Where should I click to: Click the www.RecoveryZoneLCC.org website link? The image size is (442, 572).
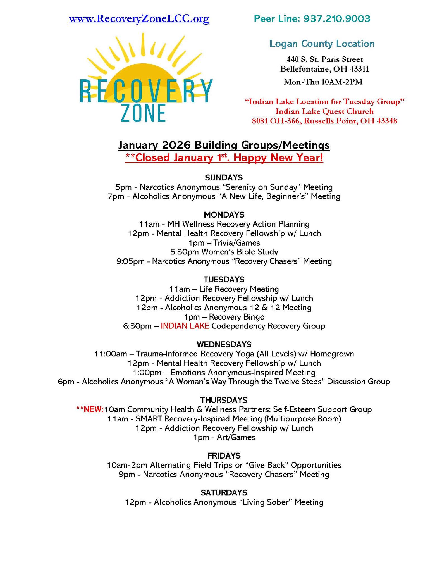tap(139, 19)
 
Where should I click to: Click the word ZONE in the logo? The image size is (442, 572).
tap(144, 113)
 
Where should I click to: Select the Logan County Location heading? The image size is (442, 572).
tap(322, 44)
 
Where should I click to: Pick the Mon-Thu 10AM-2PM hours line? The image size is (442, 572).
tap(323, 82)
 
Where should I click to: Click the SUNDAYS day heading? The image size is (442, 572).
tap(224, 178)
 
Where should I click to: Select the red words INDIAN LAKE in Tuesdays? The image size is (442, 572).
tap(185, 326)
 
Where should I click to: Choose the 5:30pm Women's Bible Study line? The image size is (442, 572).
tap(224, 252)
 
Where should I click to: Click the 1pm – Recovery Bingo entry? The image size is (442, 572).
tap(224, 317)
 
